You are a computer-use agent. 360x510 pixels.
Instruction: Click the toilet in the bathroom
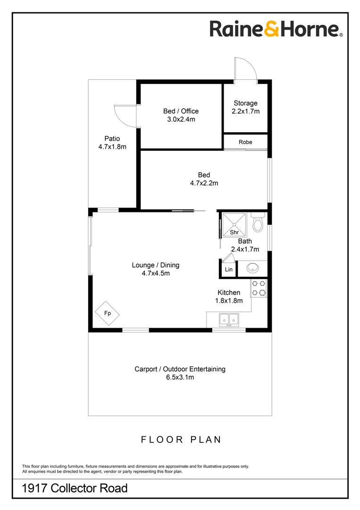click(x=258, y=222)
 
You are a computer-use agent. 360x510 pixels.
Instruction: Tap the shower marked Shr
click(x=234, y=225)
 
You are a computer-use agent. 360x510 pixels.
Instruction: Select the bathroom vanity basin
click(x=252, y=268)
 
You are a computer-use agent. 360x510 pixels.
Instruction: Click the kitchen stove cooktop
click(x=259, y=288)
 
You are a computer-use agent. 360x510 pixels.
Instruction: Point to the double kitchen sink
click(x=229, y=320)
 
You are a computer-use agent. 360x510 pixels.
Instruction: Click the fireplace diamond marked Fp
click(x=107, y=314)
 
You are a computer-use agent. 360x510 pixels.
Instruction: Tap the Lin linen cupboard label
click(x=229, y=269)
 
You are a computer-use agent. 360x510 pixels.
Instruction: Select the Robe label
click(x=245, y=142)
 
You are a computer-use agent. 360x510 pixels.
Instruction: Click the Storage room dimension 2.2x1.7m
click(x=246, y=111)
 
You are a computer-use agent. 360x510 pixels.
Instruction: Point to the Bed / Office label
click(x=181, y=111)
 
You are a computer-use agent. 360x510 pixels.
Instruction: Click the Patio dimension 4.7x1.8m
click(x=112, y=147)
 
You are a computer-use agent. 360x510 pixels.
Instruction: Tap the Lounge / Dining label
click(x=156, y=265)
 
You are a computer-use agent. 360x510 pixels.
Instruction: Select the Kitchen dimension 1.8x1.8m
click(x=229, y=300)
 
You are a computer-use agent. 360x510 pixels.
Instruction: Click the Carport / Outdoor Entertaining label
click(x=180, y=369)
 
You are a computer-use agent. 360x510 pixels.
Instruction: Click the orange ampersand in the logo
click(x=272, y=29)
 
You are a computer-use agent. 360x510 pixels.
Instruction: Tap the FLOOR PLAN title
click(x=181, y=440)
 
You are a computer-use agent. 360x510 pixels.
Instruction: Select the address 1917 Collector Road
click(x=75, y=488)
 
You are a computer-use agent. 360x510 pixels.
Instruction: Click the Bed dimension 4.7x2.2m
click(x=204, y=183)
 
